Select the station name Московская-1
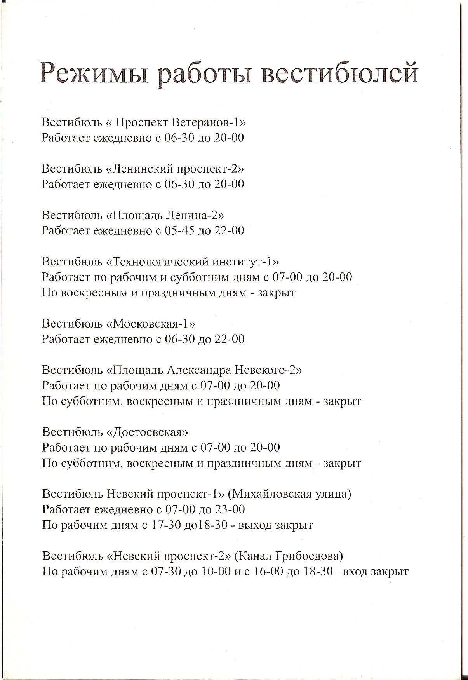[153, 324]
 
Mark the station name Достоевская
[150, 432]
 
